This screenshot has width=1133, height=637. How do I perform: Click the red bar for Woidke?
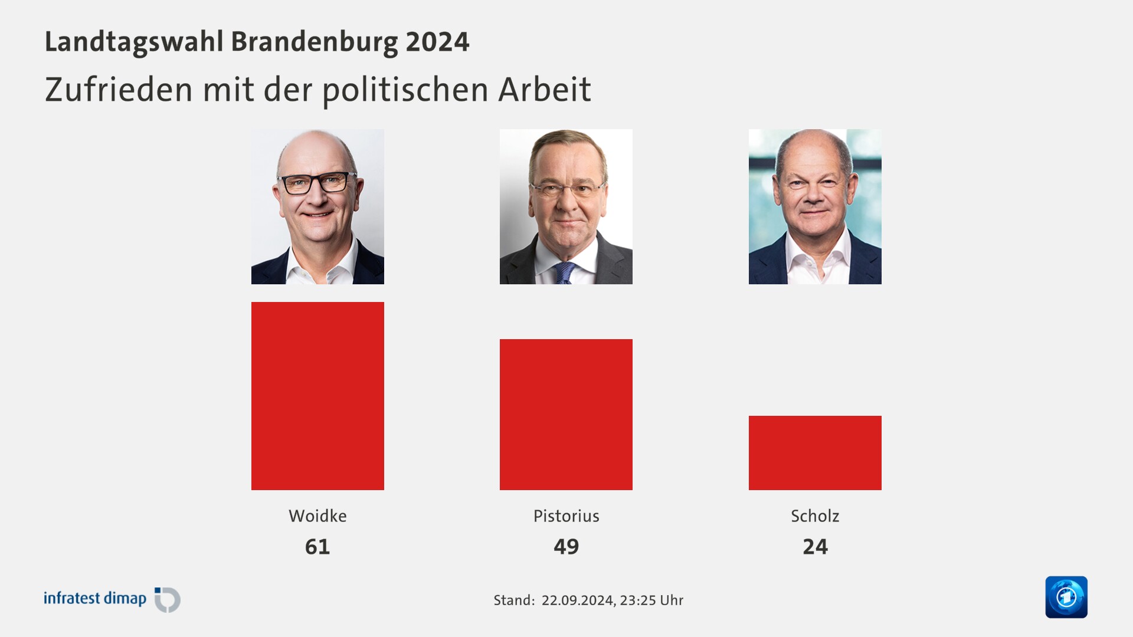click(x=317, y=396)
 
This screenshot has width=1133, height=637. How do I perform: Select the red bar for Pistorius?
click(x=566, y=414)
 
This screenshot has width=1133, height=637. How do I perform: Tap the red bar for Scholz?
click(x=815, y=452)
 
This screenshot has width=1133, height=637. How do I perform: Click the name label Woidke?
click(x=317, y=516)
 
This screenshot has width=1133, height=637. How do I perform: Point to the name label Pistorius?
click(x=566, y=516)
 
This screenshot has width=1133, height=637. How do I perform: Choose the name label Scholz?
click(x=815, y=516)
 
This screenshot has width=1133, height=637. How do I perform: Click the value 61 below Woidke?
click(x=317, y=547)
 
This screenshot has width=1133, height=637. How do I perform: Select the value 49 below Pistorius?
click(x=566, y=547)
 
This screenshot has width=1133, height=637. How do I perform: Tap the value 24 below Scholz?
click(x=815, y=547)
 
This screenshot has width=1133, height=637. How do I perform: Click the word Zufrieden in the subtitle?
click(x=119, y=90)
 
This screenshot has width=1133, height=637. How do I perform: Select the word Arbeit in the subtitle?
click(x=544, y=90)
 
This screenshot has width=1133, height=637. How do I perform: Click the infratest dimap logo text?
click(x=95, y=598)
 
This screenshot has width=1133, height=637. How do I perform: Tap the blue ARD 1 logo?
click(x=1066, y=597)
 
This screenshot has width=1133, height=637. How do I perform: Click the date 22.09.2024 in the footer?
click(x=577, y=600)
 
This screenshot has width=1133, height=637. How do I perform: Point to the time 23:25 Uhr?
click(x=651, y=600)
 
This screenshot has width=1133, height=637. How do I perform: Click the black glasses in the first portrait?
click(x=317, y=183)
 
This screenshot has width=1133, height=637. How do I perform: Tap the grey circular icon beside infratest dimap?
click(x=168, y=600)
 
